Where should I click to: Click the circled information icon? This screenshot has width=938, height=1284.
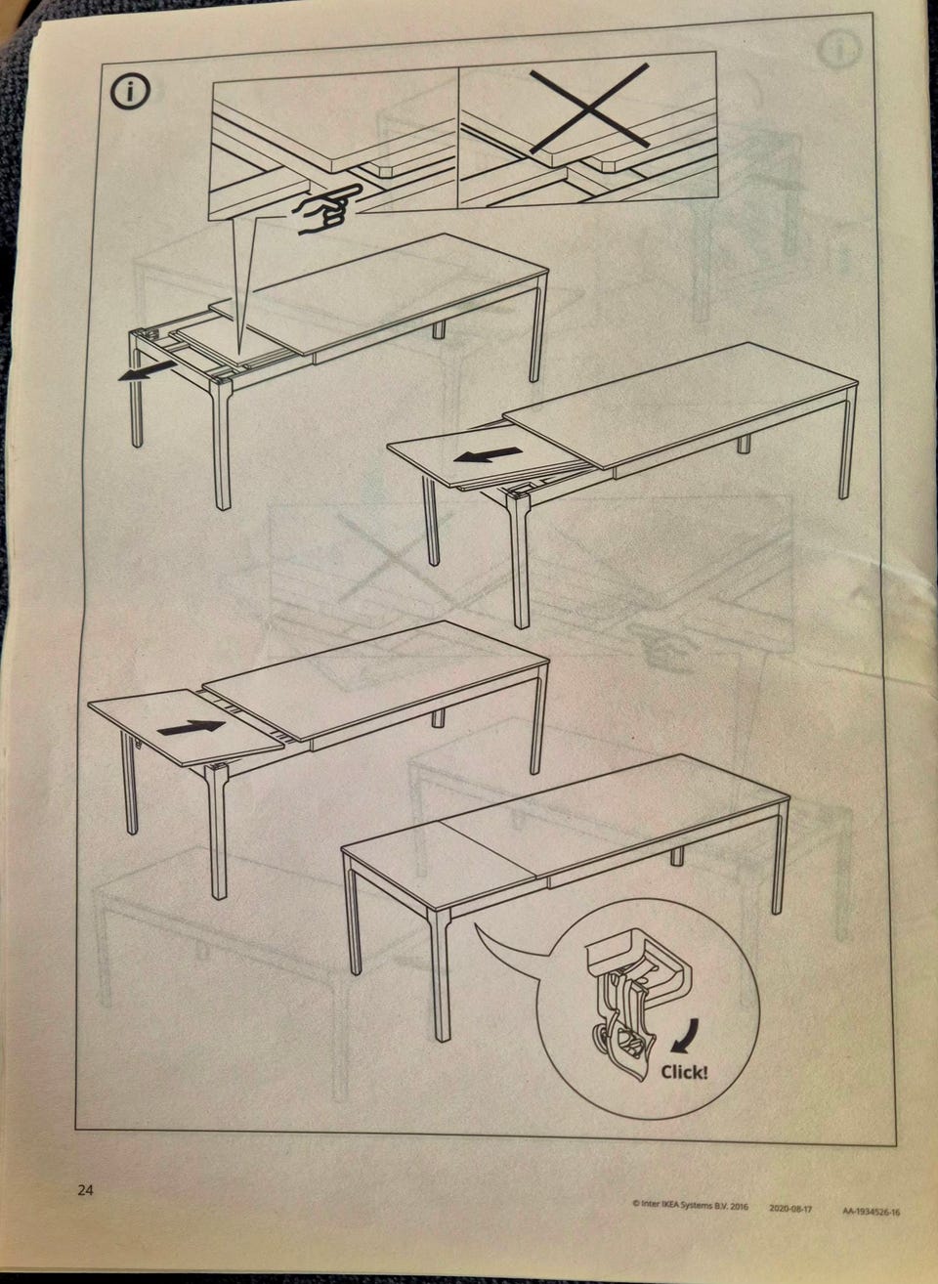coord(130,91)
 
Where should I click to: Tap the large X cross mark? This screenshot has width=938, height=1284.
coord(589,107)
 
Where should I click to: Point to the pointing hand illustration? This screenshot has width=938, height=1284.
coord(327,209)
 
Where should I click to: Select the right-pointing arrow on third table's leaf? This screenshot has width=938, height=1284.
coord(191,727)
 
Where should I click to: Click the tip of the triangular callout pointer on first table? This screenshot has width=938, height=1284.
coord(240,352)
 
